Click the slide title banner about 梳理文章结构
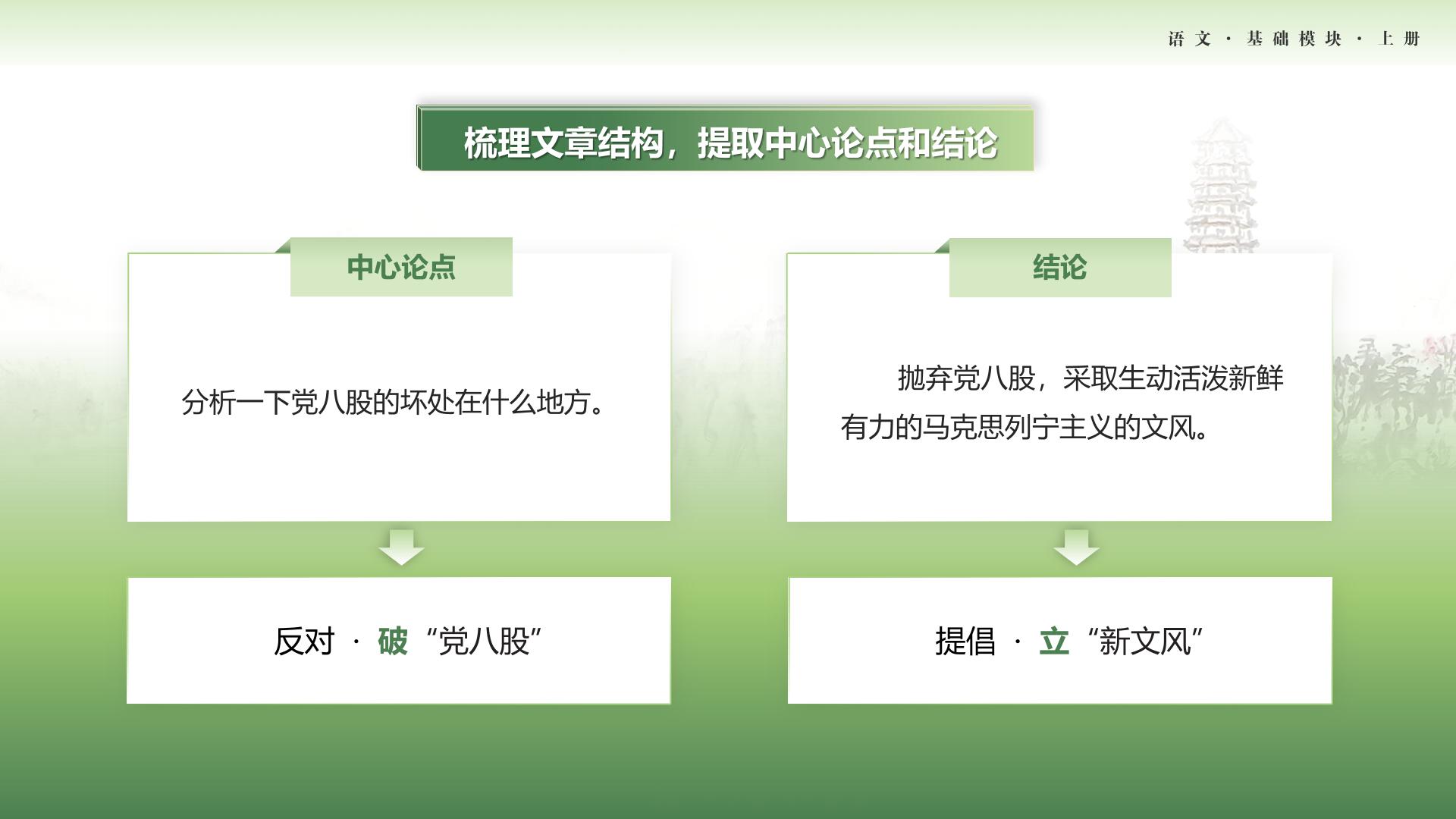(x=726, y=139)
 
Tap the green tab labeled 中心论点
(x=401, y=267)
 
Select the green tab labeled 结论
(x=1060, y=268)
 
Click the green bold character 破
(x=393, y=642)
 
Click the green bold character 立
(x=1054, y=642)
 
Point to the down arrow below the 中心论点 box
(x=401, y=548)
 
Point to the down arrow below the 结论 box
(x=1076, y=548)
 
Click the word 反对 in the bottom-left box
(x=304, y=642)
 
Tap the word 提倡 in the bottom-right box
(x=965, y=642)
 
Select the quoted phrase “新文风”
(x=1145, y=642)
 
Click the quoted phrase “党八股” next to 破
(x=484, y=642)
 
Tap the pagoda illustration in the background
(x=1222, y=186)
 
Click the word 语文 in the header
(x=1190, y=39)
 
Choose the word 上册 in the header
(x=1399, y=39)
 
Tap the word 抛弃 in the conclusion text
(x=925, y=378)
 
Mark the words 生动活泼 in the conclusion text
(x=1172, y=378)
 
